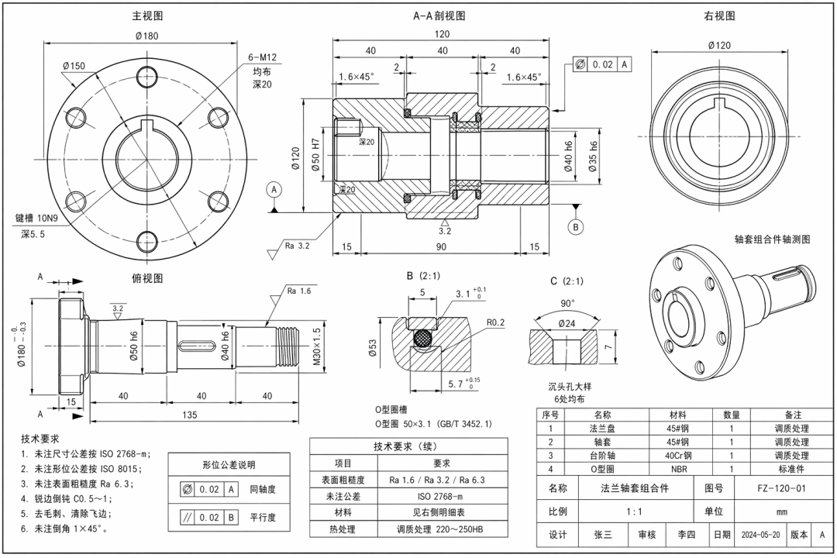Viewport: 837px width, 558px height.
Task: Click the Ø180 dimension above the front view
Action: pos(147,36)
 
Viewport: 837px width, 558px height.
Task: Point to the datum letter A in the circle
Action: pos(274,189)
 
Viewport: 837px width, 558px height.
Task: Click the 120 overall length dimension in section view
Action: pos(442,34)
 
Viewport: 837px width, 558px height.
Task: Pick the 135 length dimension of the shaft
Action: pos(189,415)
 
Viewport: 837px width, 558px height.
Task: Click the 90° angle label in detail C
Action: pos(568,303)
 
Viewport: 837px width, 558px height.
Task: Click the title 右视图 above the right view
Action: pos(719,15)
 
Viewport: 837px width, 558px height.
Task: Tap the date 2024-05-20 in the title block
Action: pos(760,535)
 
